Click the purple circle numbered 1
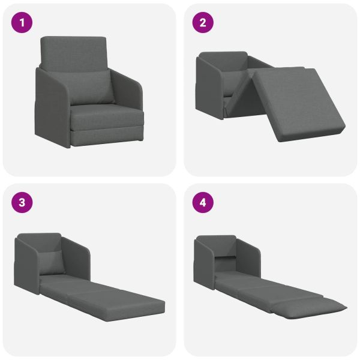[22, 23]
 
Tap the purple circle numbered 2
[203, 23]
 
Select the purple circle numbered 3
[22, 203]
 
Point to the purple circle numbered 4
[203, 203]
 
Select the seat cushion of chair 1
[107, 117]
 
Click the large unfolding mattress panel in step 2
[298, 103]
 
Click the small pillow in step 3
[52, 262]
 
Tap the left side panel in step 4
[205, 264]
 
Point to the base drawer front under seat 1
[107, 137]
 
